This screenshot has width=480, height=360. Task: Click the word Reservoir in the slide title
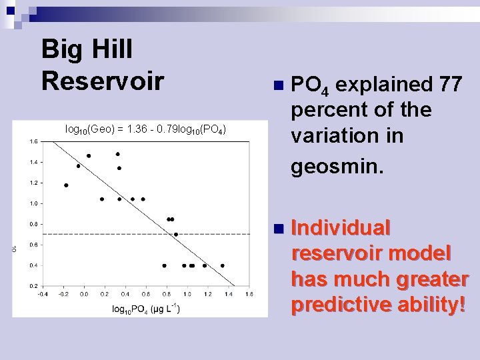point(102,79)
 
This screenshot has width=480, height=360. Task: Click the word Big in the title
point(60,49)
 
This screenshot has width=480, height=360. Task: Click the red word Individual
point(340,228)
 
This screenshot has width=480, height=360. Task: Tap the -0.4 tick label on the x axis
point(43,294)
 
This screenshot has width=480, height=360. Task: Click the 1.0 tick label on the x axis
point(187,294)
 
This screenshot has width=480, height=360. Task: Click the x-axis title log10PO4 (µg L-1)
point(145,309)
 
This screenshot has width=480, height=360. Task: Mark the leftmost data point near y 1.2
point(66,185)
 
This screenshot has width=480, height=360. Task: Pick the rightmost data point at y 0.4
point(223,265)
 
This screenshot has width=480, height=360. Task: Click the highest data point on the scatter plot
point(118,154)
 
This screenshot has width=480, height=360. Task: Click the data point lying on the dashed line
point(176,234)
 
